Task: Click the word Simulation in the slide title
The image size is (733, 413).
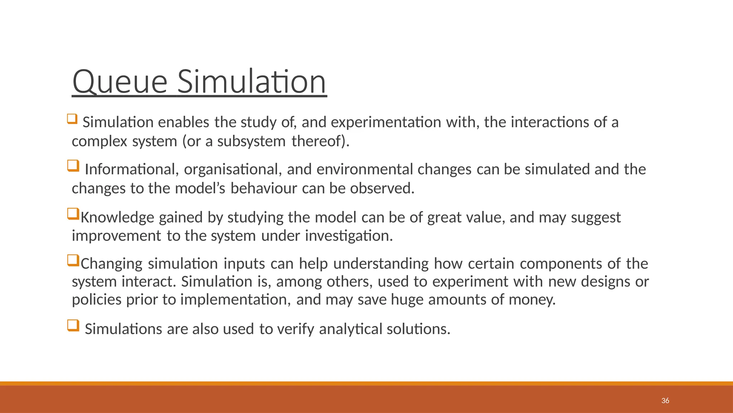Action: [252, 82]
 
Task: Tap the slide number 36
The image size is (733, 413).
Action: [665, 401]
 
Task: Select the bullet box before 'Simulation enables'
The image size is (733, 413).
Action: [72, 119]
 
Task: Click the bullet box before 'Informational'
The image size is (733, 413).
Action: [73, 166]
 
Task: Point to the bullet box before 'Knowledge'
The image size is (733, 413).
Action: [73, 214]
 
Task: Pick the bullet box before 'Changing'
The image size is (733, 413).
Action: [73, 260]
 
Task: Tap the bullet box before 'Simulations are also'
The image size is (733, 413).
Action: [73, 326]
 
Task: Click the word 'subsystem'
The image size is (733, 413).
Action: [251, 141]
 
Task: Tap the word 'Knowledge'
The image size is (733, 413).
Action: [117, 217]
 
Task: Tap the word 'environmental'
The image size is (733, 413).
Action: [365, 169]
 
